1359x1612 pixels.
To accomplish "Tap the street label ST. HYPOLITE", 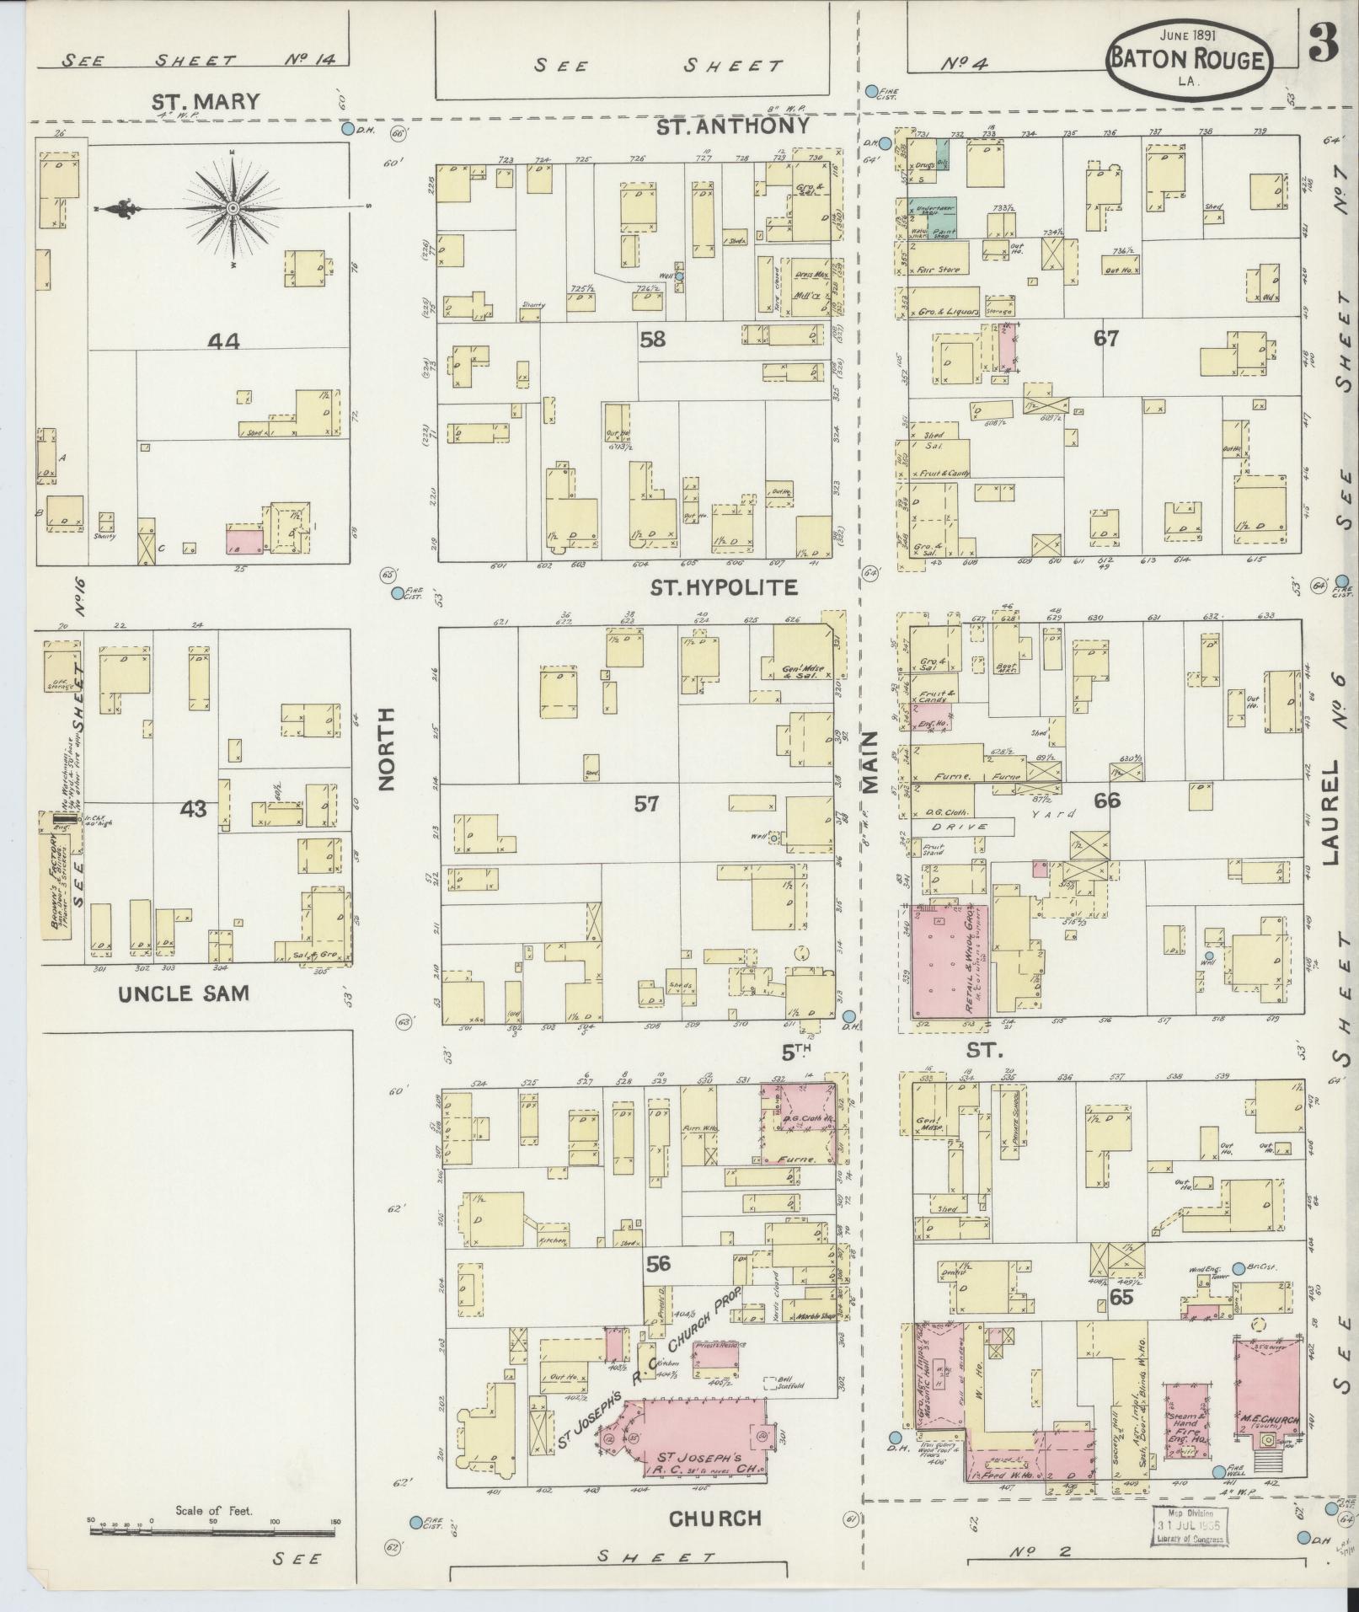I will (724, 587).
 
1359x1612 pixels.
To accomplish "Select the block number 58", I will (652, 340).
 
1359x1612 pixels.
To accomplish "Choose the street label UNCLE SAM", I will (184, 993).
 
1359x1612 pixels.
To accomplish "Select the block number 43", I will (193, 809).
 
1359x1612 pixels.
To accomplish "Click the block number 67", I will (1105, 339).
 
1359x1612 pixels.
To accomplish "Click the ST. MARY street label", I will (205, 102).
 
